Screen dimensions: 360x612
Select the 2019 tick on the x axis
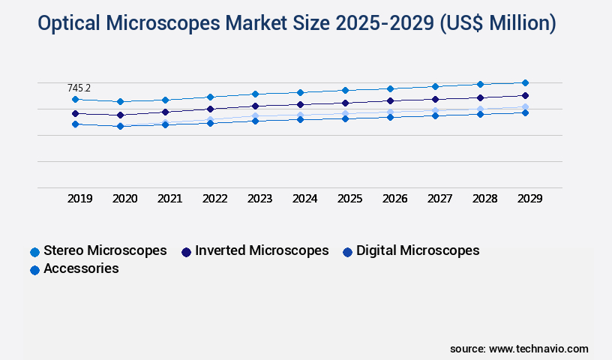[79, 199]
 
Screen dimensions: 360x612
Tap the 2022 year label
[214, 199]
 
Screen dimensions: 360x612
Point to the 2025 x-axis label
[349, 199]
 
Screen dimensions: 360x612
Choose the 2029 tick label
[529, 199]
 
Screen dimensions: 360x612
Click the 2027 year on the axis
[439, 199]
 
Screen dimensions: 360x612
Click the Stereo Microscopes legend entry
[105, 250]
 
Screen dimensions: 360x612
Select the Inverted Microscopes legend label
[262, 250]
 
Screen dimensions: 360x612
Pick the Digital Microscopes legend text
[418, 250]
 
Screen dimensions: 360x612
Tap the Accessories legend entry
[81, 268]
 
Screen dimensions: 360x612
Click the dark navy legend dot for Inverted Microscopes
[186, 251]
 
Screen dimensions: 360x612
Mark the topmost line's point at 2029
[525, 82]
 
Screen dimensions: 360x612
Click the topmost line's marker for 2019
[75, 99]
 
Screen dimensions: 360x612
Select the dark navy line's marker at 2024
[300, 104]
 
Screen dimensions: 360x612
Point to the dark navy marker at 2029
[525, 95]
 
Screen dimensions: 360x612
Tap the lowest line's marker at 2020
[120, 126]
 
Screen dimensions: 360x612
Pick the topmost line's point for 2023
[255, 94]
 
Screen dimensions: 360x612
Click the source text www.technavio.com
[538, 349]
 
